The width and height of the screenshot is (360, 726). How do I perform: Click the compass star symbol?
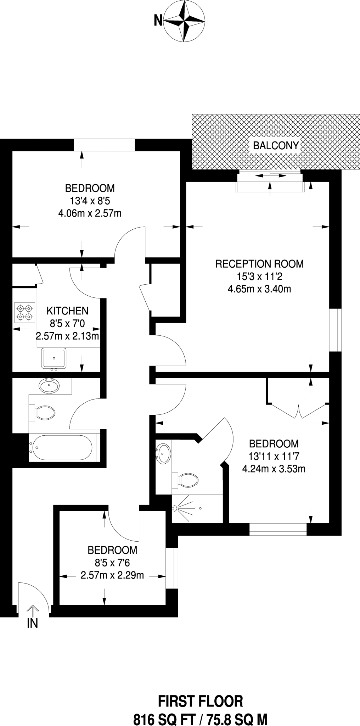point(185,21)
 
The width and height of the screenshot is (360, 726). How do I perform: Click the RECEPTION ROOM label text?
point(259,264)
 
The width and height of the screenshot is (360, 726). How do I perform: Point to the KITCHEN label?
point(67,311)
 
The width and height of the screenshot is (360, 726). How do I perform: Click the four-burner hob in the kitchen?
point(25,312)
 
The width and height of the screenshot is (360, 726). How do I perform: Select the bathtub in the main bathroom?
point(62,448)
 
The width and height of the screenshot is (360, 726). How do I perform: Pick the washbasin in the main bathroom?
point(49,386)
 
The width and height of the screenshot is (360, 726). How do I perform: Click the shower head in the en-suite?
point(176,508)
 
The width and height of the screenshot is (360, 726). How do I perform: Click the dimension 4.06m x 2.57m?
point(90,213)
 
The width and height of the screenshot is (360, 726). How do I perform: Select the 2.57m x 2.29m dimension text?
point(112,575)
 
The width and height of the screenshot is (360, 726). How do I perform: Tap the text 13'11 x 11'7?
point(274,456)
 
